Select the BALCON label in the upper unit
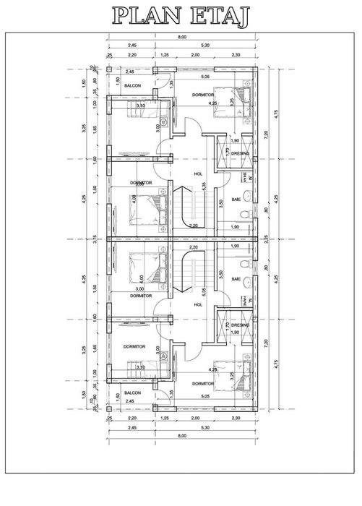pos(132,85)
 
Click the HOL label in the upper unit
pos(199,174)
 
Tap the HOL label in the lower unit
pos(199,304)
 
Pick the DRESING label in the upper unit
pos(241,153)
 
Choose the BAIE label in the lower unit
pos(236,278)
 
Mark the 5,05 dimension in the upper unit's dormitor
pos(205,76)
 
